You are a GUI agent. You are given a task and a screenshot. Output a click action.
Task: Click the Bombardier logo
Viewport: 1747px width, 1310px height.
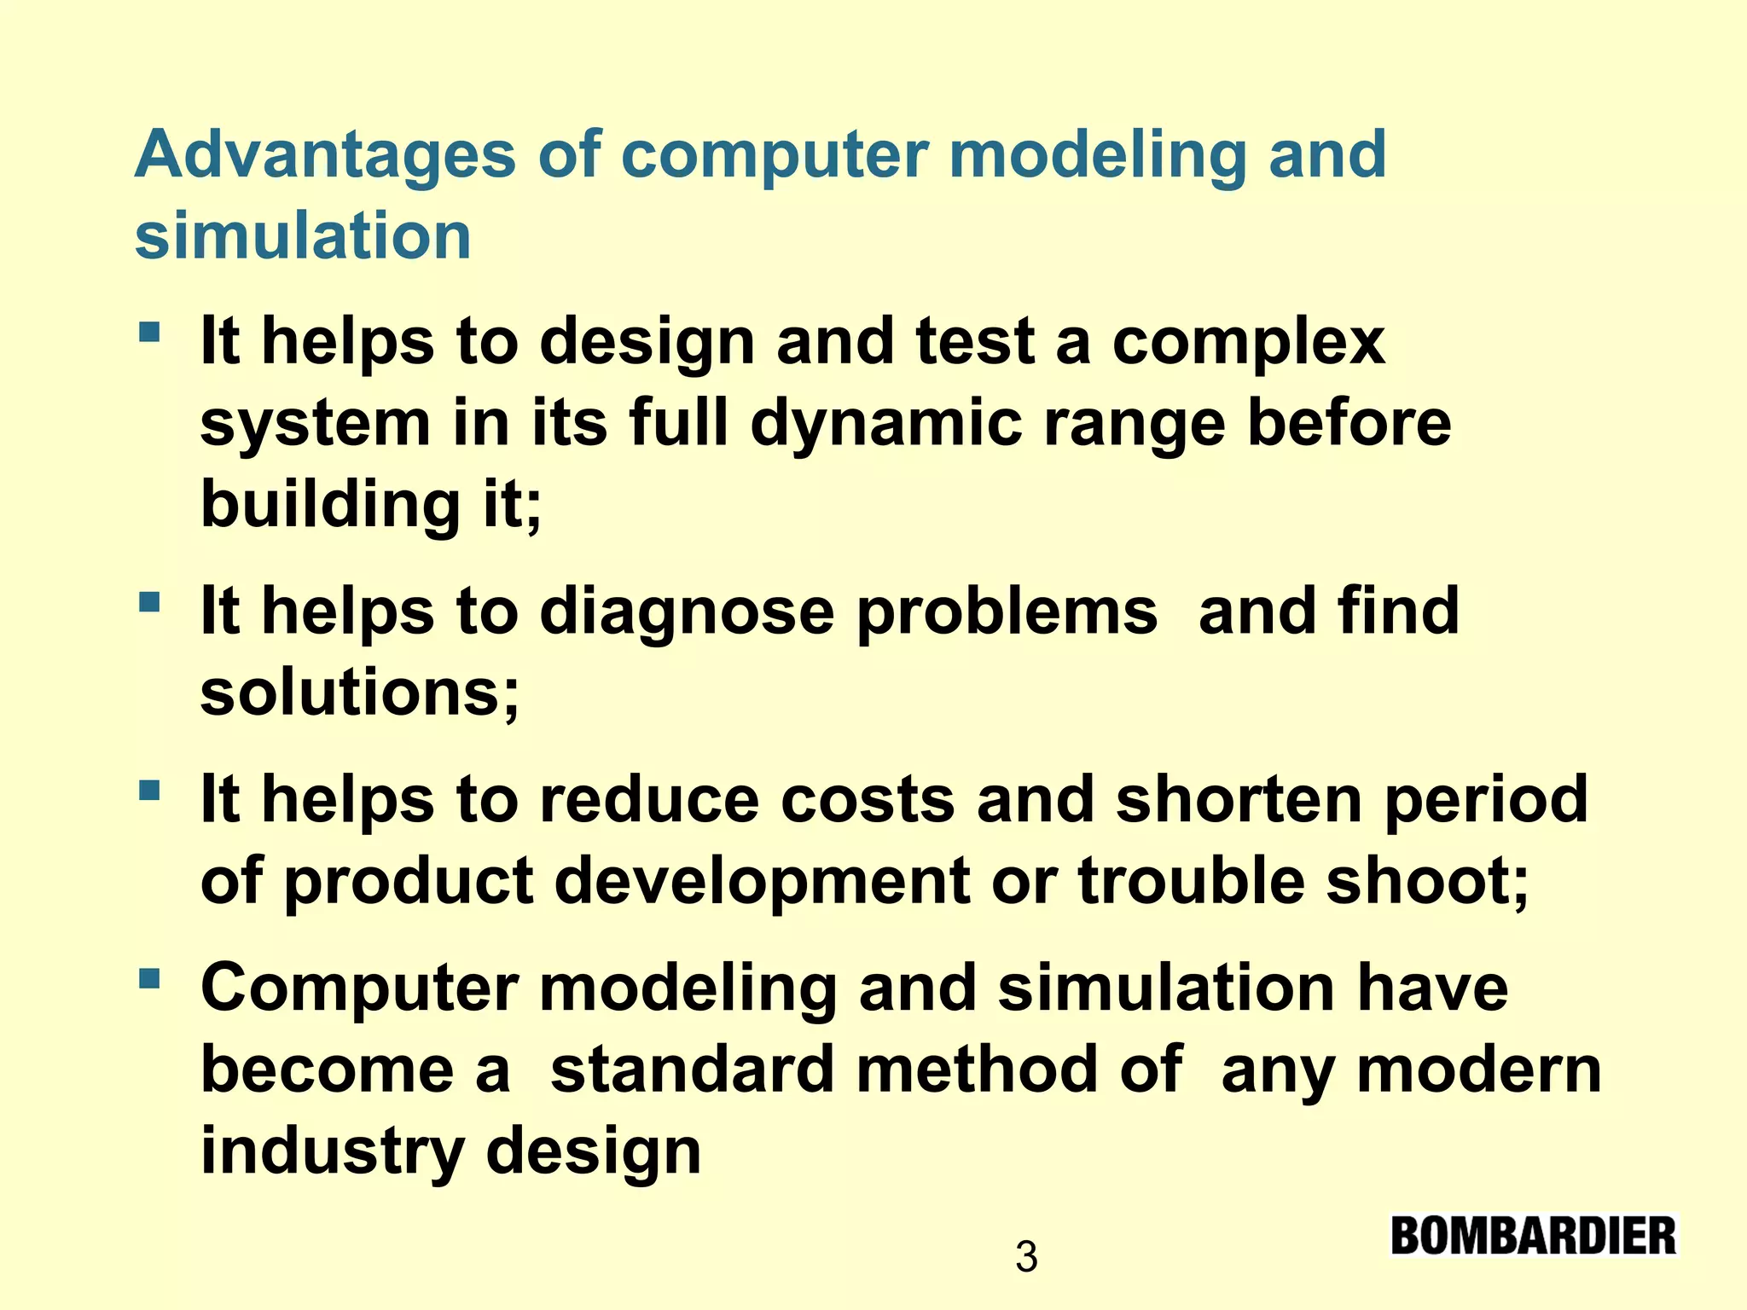tap(1533, 1236)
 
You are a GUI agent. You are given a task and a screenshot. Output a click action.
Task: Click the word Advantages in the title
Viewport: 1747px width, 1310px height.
tap(325, 155)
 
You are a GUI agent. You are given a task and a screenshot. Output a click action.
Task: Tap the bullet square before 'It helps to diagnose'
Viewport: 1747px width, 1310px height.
tap(149, 602)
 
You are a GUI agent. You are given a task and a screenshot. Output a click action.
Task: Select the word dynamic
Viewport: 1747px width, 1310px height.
tap(885, 424)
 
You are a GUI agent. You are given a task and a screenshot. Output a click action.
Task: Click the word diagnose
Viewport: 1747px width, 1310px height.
tap(686, 612)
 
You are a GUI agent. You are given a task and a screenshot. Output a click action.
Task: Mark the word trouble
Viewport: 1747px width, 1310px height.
tap(1191, 881)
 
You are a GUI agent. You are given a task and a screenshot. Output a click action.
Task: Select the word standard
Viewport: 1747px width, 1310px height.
tap(692, 1069)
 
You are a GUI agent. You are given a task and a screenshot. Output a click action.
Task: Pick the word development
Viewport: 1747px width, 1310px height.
tap(762, 881)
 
